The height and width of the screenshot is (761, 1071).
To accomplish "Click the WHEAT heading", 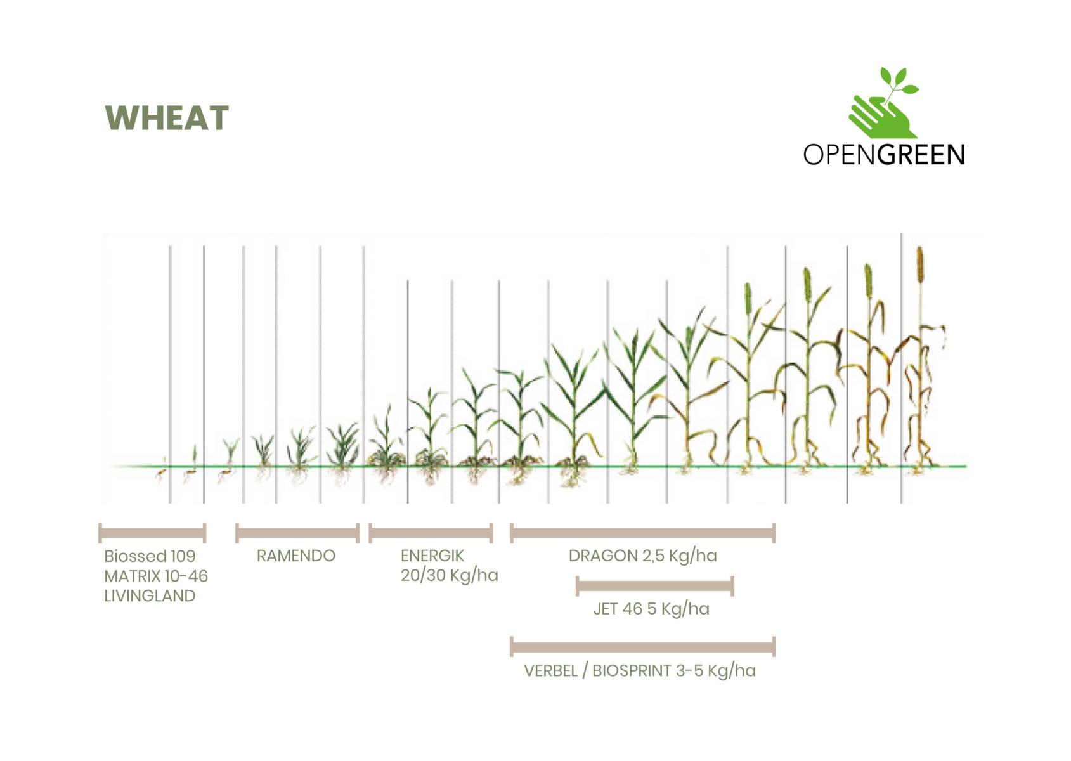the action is pyautogui.click(x=166, y=118).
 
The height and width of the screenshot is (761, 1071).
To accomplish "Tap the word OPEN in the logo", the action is pyautogui.click(x=840, y=155).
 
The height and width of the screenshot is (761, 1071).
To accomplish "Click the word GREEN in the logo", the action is pyautogui.click(x=921, y=155).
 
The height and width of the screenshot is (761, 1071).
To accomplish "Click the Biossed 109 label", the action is pyautogui.click(x=150, y=556).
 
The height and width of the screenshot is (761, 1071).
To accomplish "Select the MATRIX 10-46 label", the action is pyautogui.click(x=156, y=576).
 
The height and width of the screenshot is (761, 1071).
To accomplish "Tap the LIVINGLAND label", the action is pyautogui.click(x=150, y=596).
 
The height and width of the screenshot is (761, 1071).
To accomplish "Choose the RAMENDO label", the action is pyautogui.click(x=296, y=556).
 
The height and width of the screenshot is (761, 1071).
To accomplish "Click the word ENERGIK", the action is pyautogui.click(x=432, y=556).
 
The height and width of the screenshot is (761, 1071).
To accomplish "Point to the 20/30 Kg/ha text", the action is pyautogui.click(x=450, y=575).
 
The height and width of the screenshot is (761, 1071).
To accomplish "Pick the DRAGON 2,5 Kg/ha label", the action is pyautogui.click(x=642, y=556).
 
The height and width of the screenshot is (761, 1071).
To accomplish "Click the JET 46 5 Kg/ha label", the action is pyautogui.click(x=651, y=609).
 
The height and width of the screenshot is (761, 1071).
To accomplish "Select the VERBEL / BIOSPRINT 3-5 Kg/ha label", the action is pyautogui.click(x=640, y=671).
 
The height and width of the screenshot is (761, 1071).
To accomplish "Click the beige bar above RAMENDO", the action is pyautogui.click(x=297, y=533).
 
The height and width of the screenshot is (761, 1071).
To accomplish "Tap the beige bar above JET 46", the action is pyautogui.click(x=655, y=587).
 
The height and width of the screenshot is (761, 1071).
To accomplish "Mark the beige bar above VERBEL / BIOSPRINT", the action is pyautogui.click(x=642, y=647).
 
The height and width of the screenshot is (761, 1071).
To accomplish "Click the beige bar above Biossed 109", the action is pyautogui.click(x=153, y=533).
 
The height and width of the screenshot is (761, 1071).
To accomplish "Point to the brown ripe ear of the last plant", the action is pyautogui.click(x=920, y=266).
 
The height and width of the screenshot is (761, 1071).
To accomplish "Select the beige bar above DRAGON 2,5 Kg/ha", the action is pyautogui.click(x=642, y=533).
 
